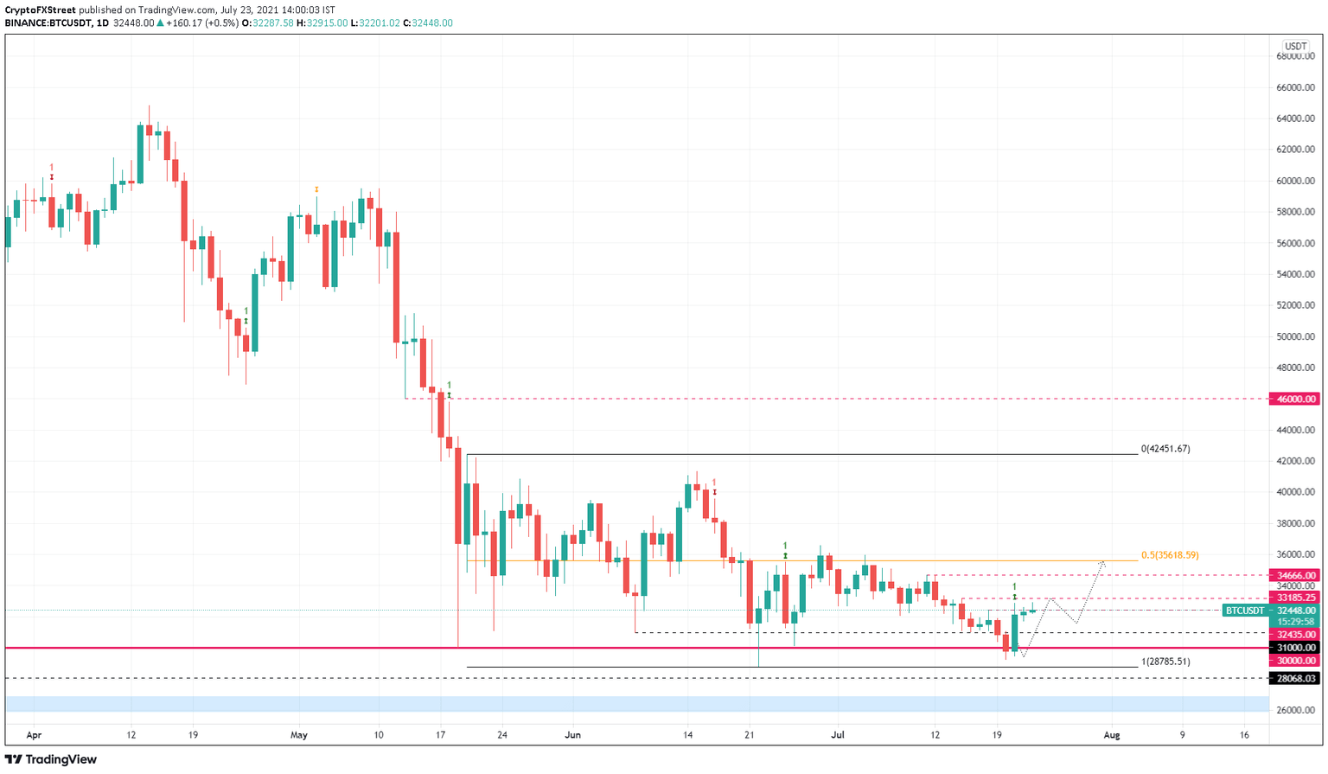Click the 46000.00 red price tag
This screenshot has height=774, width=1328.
(1293, 400)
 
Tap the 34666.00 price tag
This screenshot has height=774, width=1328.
(1293, 575)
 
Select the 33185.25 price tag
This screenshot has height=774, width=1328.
(1293, 598)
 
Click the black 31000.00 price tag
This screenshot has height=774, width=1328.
(1293, 648)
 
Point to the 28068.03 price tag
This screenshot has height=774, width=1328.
(1293, 679)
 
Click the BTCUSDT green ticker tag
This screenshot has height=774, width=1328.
(1244, 611)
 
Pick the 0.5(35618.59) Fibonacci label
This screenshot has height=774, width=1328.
(1170, 555)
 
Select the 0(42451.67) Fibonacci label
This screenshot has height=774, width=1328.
(1165, 449)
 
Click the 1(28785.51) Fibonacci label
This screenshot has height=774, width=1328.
(1165, 662)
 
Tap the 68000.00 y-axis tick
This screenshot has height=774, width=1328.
(1296, 56)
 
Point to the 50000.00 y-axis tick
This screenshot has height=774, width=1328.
(1296, 336)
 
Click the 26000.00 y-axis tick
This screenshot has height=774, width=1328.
(1296, 710)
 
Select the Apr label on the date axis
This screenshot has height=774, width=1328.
(34, 735)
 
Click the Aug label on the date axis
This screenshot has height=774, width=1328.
(1112, 735)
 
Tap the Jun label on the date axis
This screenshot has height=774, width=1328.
(572, 735)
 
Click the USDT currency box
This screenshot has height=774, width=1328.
(1295, 46)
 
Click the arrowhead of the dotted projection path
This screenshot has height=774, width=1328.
(1102, 563)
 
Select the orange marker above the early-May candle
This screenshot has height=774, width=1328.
(316, 189)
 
